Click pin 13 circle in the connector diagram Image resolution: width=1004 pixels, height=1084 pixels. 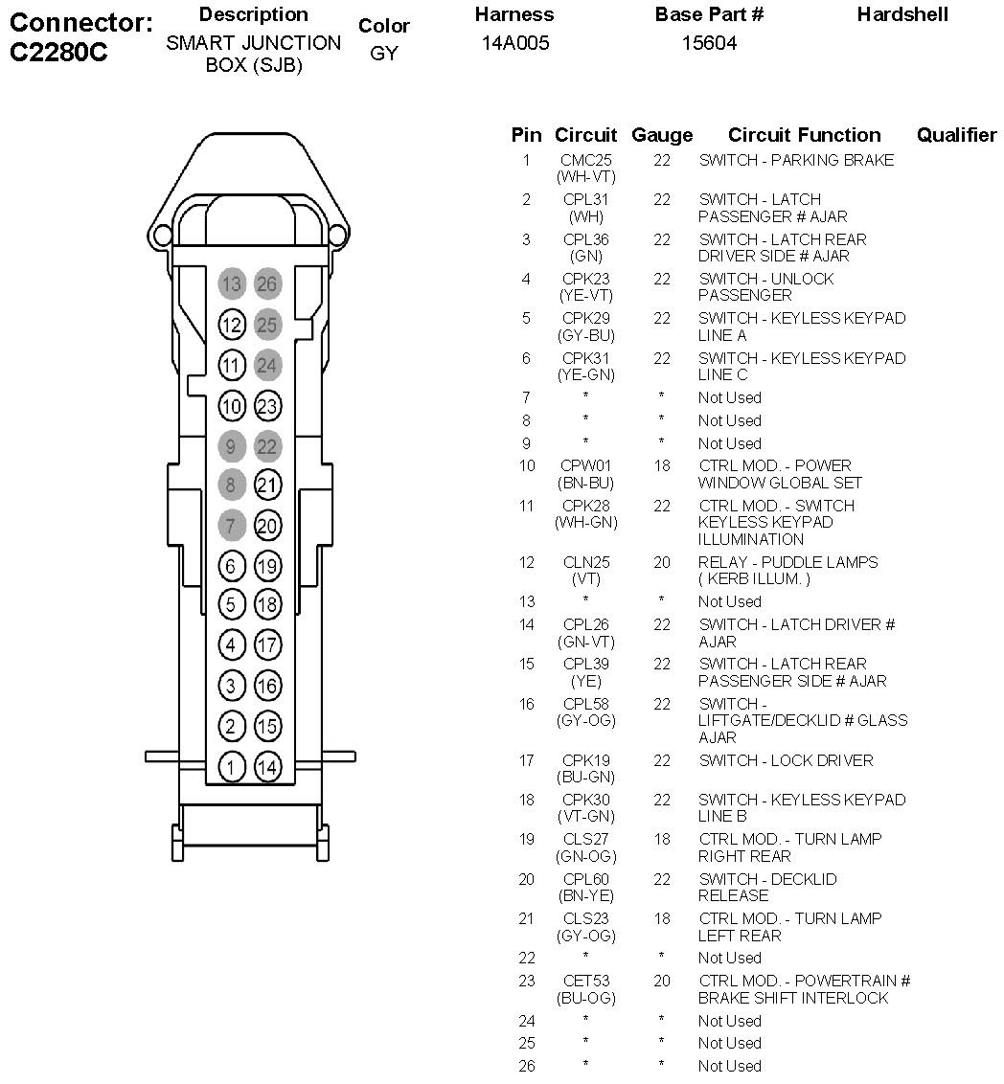(x=231, y=284)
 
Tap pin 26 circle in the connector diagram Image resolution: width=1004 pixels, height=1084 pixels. (x=267, y=284)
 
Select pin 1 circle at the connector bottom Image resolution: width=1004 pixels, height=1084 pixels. (x=231, y=766)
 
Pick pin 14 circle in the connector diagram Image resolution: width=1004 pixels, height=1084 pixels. (x=267, y=766)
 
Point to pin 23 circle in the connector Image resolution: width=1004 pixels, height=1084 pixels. (x=267, y=406)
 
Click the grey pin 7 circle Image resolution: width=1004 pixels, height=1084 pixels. (x=231, y=526)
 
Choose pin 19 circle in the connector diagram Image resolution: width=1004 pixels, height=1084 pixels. (x=267, y=566)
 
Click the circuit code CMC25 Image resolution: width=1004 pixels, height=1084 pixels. (x=585, y=160)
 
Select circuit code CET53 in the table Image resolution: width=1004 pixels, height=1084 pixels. (x=585, y=981)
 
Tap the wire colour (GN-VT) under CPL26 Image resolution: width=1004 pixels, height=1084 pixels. (x=585, y=642)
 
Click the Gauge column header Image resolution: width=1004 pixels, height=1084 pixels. (x=662, y=135)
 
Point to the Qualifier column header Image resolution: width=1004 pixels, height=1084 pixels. (x=956, y=135)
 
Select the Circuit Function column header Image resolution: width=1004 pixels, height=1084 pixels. (x=804, y=135)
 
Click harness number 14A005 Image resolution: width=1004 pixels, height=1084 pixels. (x=515, y=43)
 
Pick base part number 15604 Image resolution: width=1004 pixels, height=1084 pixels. (x=709, y=43)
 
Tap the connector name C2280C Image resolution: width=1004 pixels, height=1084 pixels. (x=58, y=53)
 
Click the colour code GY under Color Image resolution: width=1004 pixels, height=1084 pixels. (x=383, y=54)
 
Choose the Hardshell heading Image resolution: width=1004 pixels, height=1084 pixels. (x=902, y=14)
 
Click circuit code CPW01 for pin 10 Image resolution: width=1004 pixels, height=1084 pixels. (x=585, y=465)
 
